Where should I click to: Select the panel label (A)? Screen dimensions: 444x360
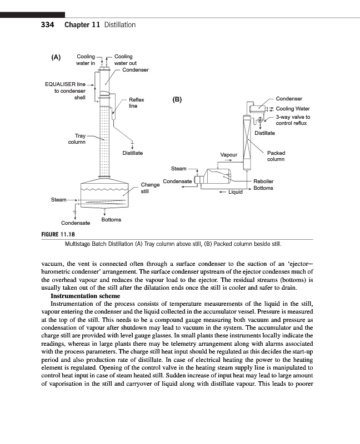[56, 57]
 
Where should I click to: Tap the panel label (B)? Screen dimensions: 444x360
[177, 100]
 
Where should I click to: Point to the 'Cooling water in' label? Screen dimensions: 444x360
[86, 60]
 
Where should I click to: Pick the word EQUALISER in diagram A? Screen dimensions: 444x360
[59, 84]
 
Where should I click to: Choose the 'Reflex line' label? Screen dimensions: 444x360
[136, 103]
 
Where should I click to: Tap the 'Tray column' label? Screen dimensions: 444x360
[77, 139]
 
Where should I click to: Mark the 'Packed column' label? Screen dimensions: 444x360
[276, 156]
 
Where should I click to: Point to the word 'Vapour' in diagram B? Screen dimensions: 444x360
[229, 155]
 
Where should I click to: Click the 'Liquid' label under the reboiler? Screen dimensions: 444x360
[236, 192]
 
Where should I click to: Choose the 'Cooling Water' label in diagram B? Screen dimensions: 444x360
[293, 109]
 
